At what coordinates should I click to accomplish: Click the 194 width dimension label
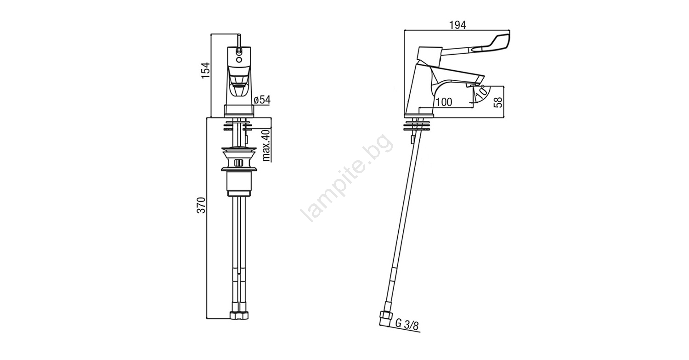(x=457, y=25)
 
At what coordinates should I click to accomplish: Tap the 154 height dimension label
(x=206, y=70)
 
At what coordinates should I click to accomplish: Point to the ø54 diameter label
(x=262, y=100)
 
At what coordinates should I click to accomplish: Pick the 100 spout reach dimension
(x=444, y=102)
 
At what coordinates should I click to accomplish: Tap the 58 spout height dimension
(x=497, y=102)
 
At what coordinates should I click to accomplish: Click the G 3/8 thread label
(x=407, y=325)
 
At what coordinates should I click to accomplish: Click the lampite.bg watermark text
(x=347, y=178)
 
